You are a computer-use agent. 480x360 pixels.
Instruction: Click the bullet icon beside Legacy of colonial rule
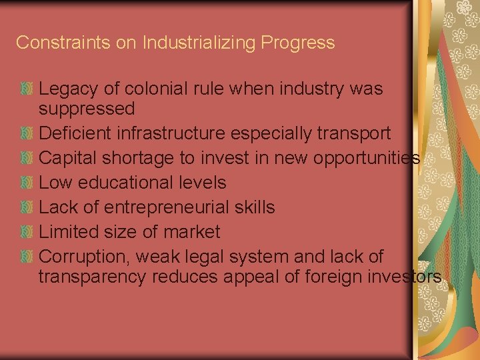(27, 89)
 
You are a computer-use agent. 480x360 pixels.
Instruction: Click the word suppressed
(87, 109)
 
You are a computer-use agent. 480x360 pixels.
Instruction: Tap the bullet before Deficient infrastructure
(27, 133)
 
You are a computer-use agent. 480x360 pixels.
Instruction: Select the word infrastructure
(171, 133)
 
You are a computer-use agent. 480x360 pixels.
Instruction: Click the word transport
(352, 133)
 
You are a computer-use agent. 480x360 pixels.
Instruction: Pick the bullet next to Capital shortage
(27, 158)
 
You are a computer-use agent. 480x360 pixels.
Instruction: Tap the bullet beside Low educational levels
(27, 183)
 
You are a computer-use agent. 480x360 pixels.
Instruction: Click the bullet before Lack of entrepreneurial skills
(27, 207)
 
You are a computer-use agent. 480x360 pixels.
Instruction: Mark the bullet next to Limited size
(27, 232)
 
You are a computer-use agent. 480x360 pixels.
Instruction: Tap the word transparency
(93, 277)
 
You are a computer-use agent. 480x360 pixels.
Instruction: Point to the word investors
(399, 277)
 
